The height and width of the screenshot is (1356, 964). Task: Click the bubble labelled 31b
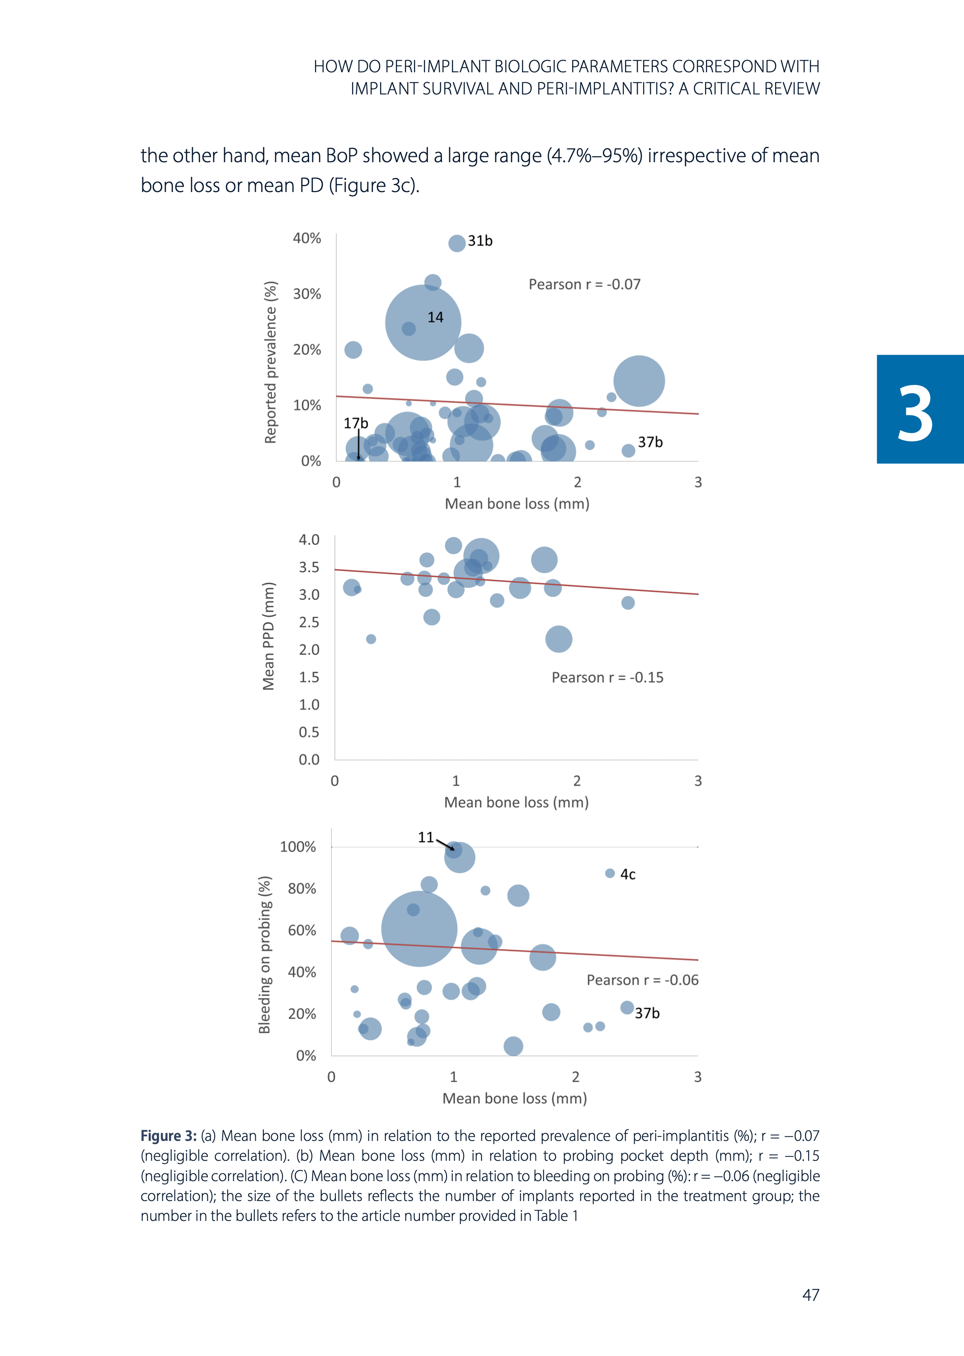[456, 243]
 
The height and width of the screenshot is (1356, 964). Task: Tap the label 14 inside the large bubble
[435, 318]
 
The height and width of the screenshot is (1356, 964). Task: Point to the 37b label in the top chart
[650, 442]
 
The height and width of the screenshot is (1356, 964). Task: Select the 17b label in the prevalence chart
[356, 423]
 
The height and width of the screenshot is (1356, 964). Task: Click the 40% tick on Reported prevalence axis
[306, 238]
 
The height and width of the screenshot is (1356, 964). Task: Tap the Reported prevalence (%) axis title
[271, 362]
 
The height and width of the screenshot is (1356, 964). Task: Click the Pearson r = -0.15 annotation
[607, 677]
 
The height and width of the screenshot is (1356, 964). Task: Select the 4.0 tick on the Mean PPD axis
[309, 540]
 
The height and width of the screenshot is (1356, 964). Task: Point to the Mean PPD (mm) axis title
[269, 636]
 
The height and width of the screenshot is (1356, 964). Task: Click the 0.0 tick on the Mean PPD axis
[309, 759]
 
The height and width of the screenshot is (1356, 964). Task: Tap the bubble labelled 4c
[610, 873]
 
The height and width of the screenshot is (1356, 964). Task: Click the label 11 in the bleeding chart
[426, 837]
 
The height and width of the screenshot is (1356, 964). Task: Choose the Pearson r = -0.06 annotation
[642, 980]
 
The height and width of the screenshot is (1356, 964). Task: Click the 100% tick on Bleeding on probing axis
[297, 846]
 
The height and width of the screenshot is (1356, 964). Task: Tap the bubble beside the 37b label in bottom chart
[627, 1007]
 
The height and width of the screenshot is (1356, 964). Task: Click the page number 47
[810, 1295]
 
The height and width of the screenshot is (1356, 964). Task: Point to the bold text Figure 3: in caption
[169, 1136]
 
